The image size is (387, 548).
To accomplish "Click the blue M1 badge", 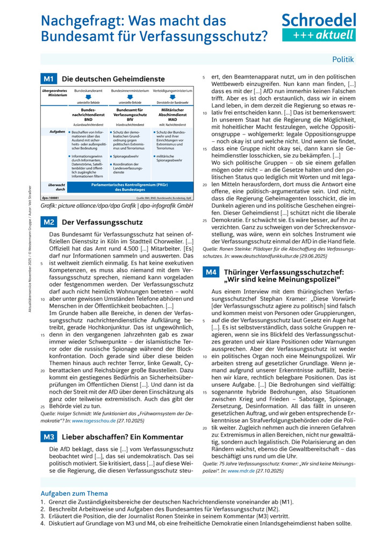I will (49, 79).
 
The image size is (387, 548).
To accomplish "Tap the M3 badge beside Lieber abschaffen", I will (49, 437).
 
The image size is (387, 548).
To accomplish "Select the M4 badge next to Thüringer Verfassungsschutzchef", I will (211, 273).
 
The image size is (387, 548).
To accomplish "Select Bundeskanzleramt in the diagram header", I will (88, 91).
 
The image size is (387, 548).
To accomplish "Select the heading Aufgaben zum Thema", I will (74, 493).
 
